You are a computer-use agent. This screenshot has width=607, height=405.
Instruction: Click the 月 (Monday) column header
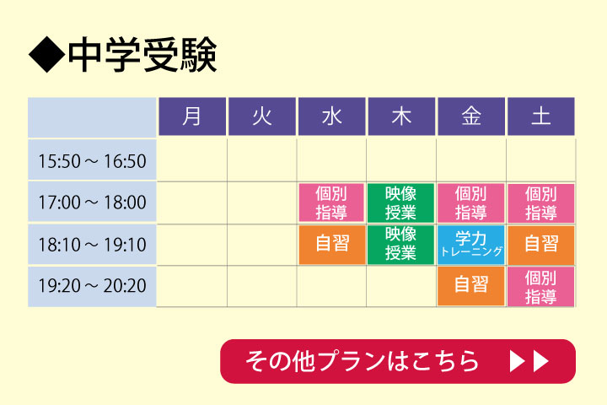click(192, 116)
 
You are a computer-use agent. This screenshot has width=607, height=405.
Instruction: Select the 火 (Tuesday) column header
click(262, 116)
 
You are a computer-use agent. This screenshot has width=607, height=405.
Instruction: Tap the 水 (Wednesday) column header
click(332, 116)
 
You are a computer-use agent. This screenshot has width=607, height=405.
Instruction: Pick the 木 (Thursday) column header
click(401, 116)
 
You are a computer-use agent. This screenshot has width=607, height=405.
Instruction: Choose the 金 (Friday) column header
click(471, 116)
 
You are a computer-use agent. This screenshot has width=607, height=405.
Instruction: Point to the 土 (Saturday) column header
click(540, 116)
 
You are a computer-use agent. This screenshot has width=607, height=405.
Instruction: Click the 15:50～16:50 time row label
click(92, 160)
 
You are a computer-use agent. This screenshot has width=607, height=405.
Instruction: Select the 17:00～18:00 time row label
click(92, 202)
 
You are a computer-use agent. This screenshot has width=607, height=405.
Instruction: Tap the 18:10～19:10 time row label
click(92, 244)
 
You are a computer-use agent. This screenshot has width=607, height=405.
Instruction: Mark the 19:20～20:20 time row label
click(92, 286)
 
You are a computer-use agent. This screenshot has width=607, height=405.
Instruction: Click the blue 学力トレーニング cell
click(471, 245)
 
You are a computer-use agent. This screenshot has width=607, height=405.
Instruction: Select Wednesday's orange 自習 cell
click(332, 245)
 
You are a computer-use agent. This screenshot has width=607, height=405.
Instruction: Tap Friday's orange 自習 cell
click(471, 286)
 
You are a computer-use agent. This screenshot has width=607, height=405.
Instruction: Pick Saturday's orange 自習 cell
click(540, 245)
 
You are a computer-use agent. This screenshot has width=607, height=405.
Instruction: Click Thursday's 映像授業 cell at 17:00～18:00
click(400, 203)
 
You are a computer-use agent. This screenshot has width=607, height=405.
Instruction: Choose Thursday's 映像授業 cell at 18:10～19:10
click(400, 245)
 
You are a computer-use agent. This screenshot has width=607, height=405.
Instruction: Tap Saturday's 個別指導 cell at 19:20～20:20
click(540, 286)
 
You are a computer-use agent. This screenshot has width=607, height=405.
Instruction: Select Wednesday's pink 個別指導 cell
click(331, 203)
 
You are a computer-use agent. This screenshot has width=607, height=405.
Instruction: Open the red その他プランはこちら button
click(398, 361)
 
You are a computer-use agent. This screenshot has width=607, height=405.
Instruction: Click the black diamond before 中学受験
click(47, 54)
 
